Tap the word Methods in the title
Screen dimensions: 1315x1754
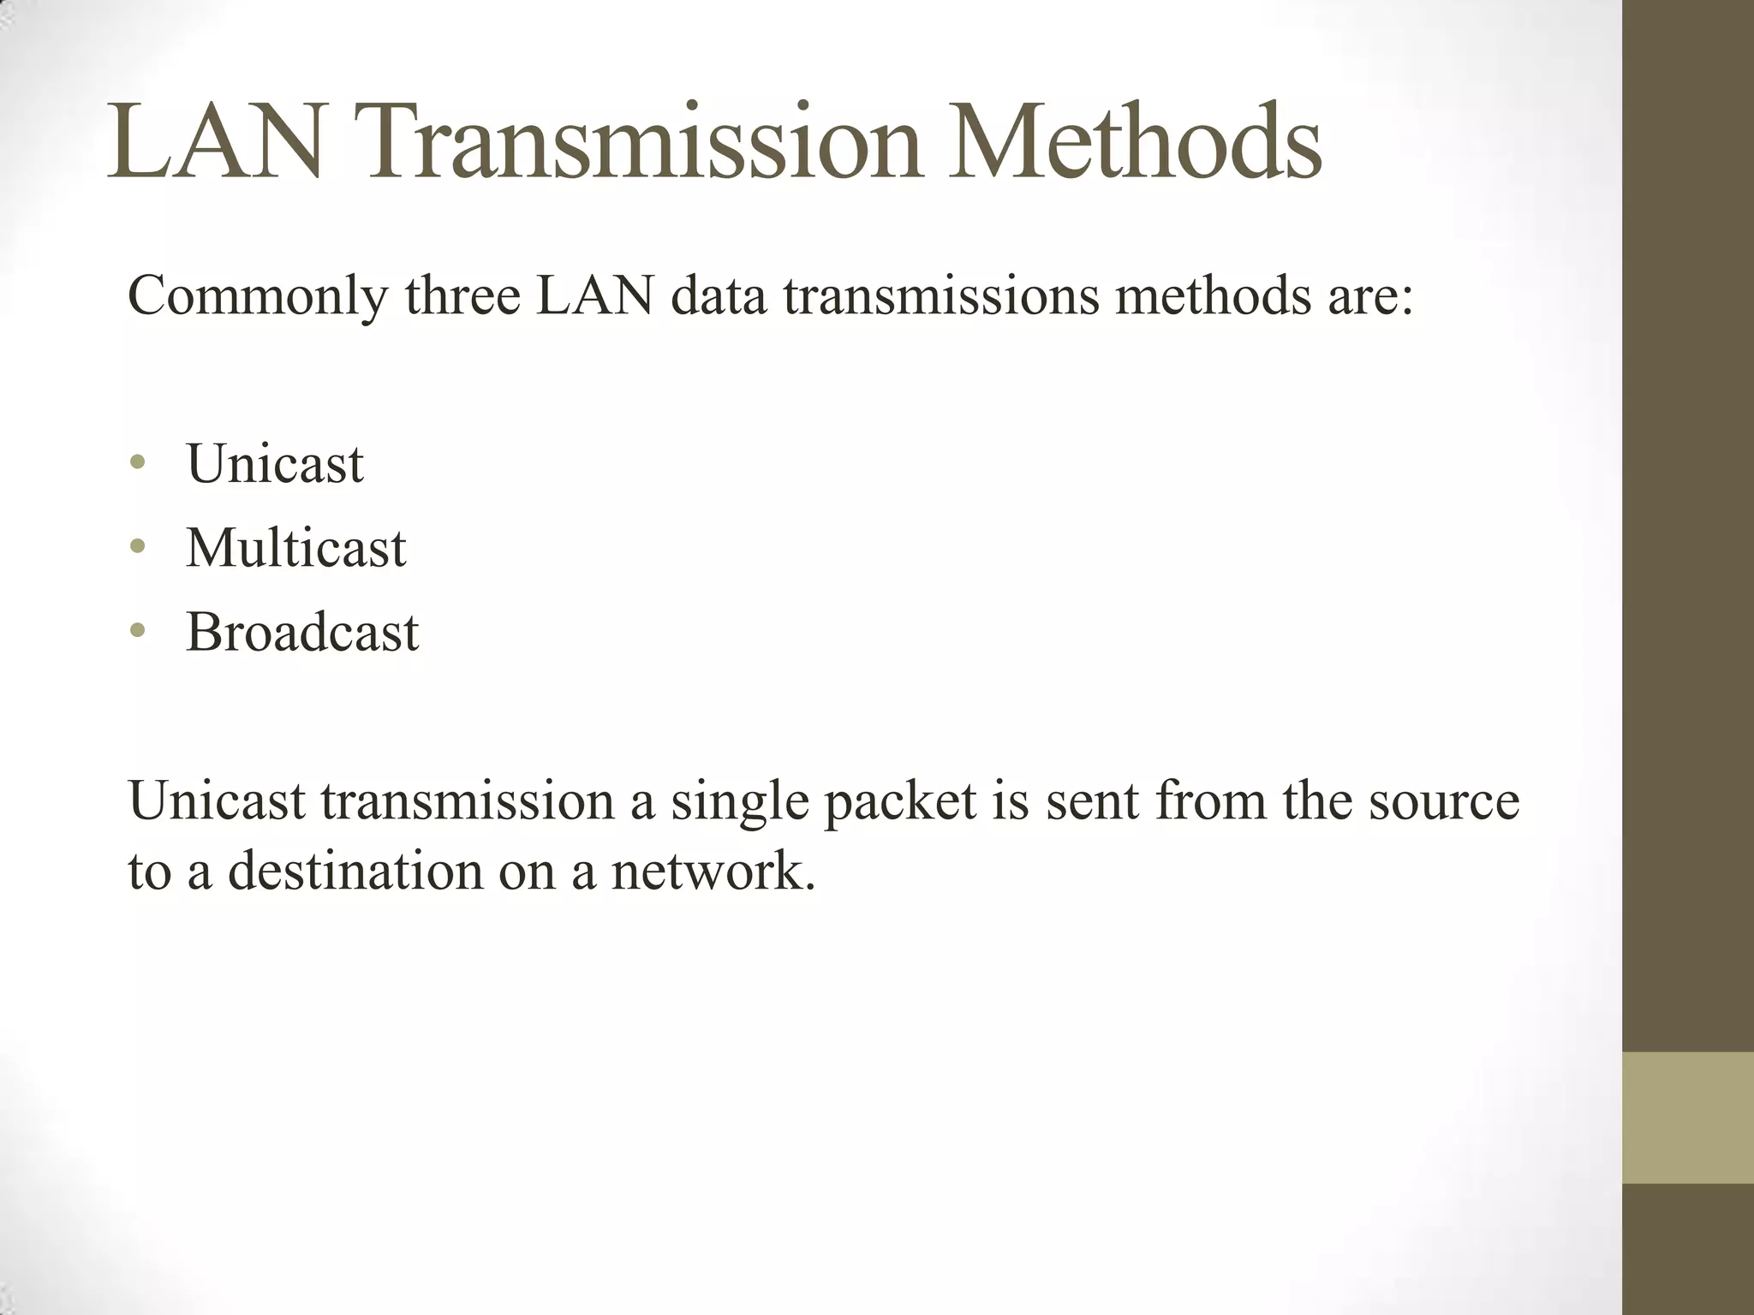1134,143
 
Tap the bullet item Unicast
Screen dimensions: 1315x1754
275,464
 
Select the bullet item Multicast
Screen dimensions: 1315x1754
295,548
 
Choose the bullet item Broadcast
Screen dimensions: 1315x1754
302,633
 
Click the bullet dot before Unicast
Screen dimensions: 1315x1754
138,464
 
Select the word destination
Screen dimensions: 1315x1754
355,871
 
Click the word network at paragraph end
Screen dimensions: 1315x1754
712,871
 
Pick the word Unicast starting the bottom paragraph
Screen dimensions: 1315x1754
217,801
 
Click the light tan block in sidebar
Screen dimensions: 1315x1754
1687,1117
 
